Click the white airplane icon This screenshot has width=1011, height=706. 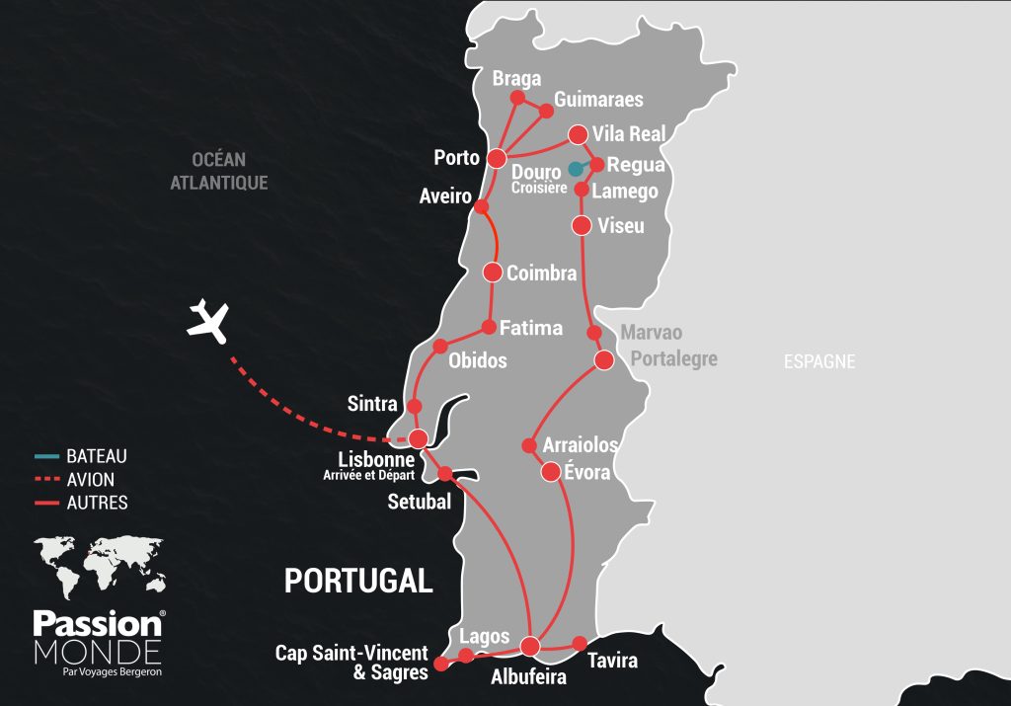[208, 319]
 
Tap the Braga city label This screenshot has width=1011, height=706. [516, 79]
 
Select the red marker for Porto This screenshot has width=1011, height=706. [498, 158]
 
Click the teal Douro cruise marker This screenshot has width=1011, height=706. [575, 169]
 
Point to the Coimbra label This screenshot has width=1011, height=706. [541, 274]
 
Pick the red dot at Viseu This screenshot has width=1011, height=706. [582, 225]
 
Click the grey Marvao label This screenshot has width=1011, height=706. [651, 333]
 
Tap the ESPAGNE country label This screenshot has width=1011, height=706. [819, 361]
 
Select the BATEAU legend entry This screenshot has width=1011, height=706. [96, 457]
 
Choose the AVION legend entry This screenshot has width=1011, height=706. [90, 480]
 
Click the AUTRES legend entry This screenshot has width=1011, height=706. [96, 503]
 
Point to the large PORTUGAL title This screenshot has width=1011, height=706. [358, 581]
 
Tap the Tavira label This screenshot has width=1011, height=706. [612, 661]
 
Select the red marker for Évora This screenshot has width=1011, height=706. [551, 472]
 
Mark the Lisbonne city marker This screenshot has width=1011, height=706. [419, 438]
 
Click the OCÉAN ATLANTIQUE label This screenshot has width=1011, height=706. [218, 171]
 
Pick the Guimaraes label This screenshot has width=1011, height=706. [598, 100]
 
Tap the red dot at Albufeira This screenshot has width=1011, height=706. [530, 647]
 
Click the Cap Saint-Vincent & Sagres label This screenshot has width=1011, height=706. [351, 663]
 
